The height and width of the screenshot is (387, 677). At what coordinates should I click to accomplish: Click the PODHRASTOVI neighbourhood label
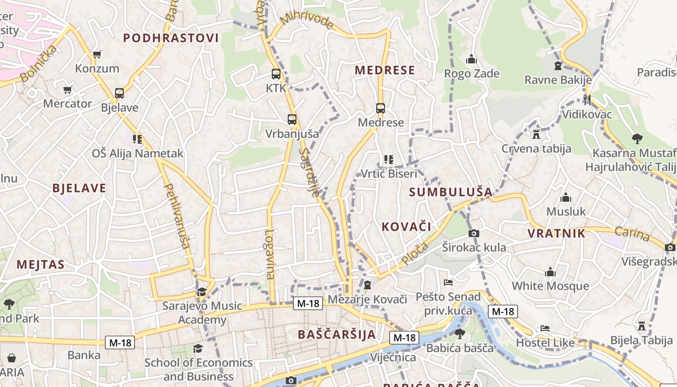pos(171,38)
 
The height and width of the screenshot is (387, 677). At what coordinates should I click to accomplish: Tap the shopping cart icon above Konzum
pos(97,54)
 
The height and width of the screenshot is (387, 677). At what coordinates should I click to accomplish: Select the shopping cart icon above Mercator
pos(68,89)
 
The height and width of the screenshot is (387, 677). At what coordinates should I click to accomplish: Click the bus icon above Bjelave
pos(119,93)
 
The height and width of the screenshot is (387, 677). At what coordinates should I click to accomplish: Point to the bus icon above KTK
pos(276,74)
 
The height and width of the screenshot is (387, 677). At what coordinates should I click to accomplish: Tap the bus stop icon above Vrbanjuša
pos(292,119)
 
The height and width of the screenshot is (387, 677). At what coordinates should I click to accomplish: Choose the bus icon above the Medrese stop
pos(381,108)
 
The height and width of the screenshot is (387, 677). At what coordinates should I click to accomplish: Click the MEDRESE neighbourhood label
pos(385,70)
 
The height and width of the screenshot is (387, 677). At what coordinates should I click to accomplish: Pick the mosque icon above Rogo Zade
pos(471,60)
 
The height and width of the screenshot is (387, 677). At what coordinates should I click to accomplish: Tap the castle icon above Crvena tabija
pos(536,134)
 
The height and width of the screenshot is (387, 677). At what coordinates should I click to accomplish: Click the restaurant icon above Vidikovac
pos(587,100)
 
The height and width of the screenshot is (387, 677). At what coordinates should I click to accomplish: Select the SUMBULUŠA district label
pos(450,192)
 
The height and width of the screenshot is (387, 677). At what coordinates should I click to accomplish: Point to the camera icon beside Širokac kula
pos(474,233)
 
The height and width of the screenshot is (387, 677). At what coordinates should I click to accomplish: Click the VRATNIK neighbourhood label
pos(556,234)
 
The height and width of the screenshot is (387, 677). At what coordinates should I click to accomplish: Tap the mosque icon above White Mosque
pos(550,272)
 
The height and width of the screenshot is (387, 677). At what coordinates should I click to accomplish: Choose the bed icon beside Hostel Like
pos(545,328)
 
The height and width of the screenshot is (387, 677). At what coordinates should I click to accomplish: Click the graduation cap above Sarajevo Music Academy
pos(202,292)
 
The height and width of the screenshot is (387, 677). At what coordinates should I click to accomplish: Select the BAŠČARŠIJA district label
pos(337,334)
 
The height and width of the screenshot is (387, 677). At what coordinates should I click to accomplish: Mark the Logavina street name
pos(269,254)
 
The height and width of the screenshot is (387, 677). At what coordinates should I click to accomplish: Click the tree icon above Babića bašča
pos(459,333)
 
